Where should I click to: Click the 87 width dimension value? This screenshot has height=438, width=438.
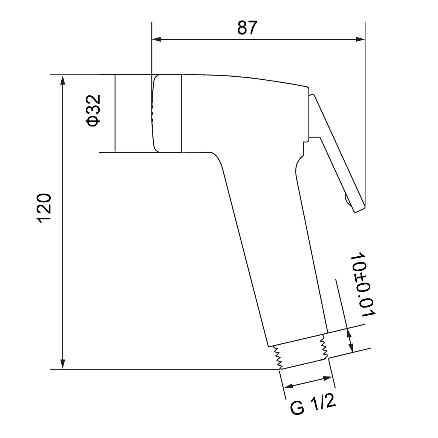click(247, 28)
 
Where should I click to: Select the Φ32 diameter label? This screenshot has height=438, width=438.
click(94, 111)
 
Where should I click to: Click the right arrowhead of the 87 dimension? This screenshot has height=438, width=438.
click(360, 40)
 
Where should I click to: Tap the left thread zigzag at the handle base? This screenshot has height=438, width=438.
click(277, 357)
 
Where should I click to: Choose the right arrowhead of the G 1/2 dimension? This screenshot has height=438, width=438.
click(327, 378)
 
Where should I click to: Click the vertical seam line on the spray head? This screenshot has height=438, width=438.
click(181, 113)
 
